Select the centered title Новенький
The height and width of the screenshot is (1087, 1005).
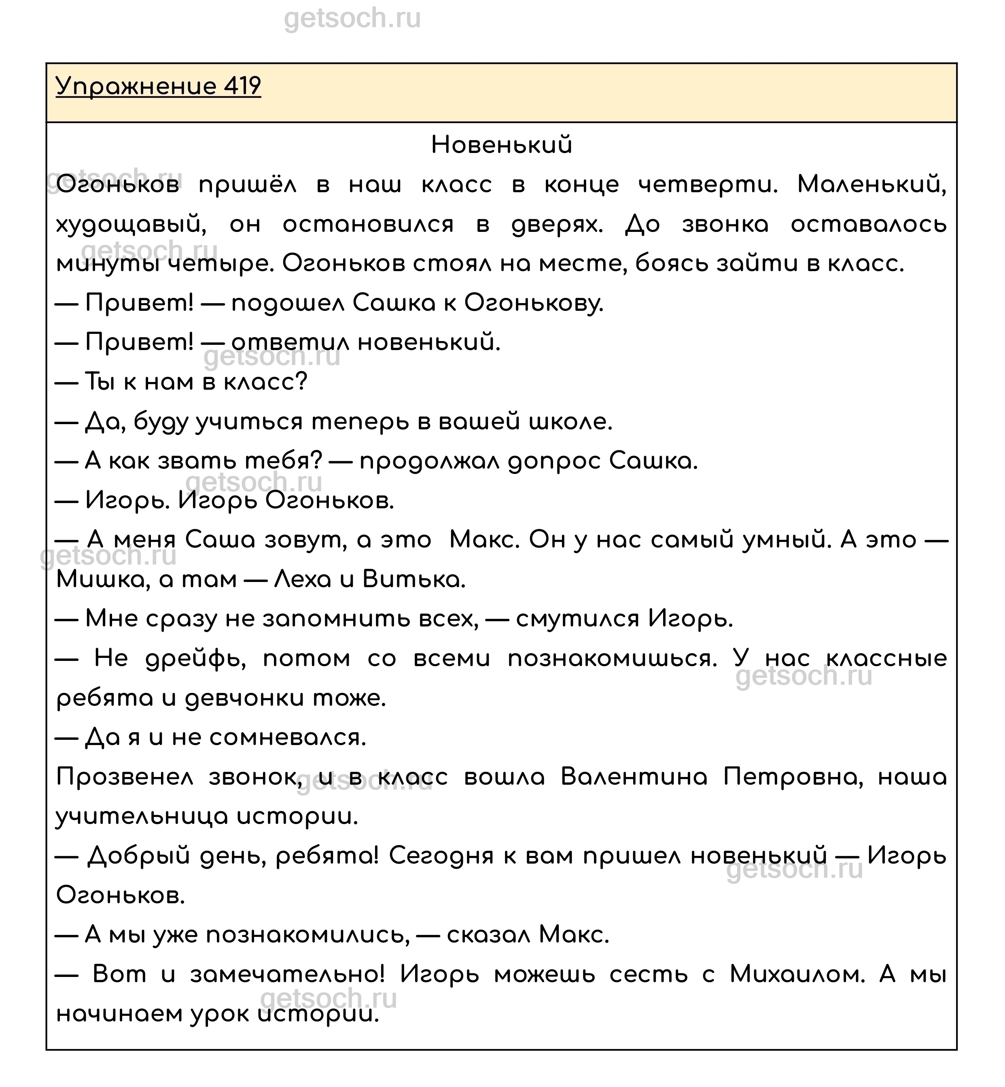(x=501, y=145)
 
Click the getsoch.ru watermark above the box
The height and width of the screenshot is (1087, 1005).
(x=352, y=19)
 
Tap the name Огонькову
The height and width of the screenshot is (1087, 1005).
(x=534, y=304)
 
